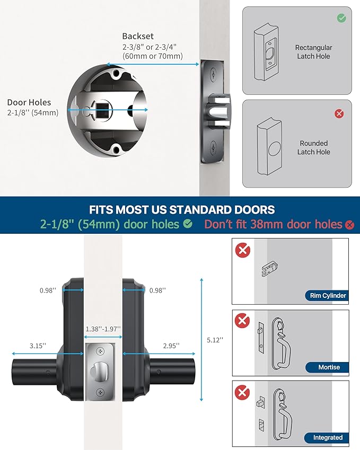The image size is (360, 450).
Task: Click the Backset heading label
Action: [138, 36]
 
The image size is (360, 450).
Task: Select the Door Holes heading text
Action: [29, 102]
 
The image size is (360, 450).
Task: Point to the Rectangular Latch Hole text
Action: [313, 52]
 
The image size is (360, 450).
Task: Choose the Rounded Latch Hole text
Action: [314, 147]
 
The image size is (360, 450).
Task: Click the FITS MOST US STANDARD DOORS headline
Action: [182, 209]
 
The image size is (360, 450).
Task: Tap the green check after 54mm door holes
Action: [188, 224]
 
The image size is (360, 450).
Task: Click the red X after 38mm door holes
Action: [349, 225]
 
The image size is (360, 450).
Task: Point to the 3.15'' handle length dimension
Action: [37, 346]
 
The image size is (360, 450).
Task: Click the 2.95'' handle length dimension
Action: [170, 346]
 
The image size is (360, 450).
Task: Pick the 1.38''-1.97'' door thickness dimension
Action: [103, 329]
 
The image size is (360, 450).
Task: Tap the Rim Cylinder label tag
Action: [326, 296]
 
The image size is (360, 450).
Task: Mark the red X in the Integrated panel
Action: [243, 392]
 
